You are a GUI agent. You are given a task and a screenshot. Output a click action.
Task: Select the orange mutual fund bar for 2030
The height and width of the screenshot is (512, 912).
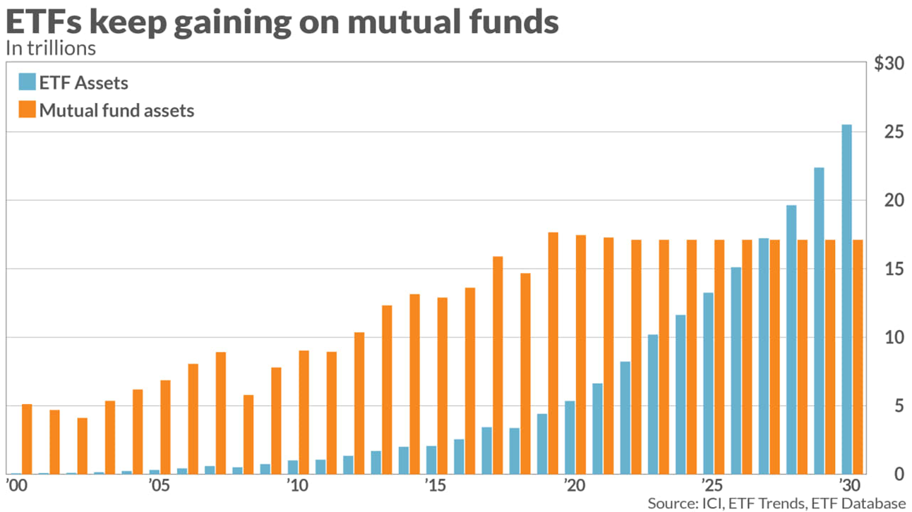coord(858,357)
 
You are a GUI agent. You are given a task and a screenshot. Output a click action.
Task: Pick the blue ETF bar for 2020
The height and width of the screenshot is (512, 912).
coord(570,437)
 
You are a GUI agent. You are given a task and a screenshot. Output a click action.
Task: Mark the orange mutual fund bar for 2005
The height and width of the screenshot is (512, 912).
coord(166,427)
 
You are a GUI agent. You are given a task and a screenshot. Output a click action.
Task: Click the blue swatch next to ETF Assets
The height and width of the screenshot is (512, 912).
coord(27,83)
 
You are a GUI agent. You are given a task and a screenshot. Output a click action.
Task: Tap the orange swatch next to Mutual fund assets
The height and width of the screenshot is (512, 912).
coord(27,110)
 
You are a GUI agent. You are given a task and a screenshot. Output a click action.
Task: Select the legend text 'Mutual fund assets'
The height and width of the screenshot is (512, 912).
coord(116,110)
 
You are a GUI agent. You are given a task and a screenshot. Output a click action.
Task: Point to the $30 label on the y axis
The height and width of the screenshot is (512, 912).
coord(889,63)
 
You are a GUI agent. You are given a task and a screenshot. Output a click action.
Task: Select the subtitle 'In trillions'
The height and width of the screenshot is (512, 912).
coord(50,49)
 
